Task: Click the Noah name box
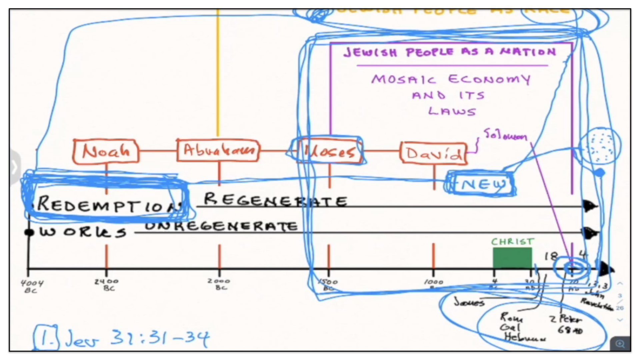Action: coord(106,152)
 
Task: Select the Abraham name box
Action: coord(218,151)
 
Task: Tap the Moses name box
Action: coord(329,152)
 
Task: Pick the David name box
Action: coord(433,153)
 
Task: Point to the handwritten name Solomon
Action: coord(505,135)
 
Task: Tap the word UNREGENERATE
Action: coord(221,226)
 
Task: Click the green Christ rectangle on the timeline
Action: coord(512,258)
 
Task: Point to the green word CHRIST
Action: coord(512,242)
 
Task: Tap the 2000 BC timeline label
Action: coord(219,284)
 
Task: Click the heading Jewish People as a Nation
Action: coord(450,52)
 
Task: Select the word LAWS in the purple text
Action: coord(452,111)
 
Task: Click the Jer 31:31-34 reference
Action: coord(137,338)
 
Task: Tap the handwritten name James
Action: coord(469,302)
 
